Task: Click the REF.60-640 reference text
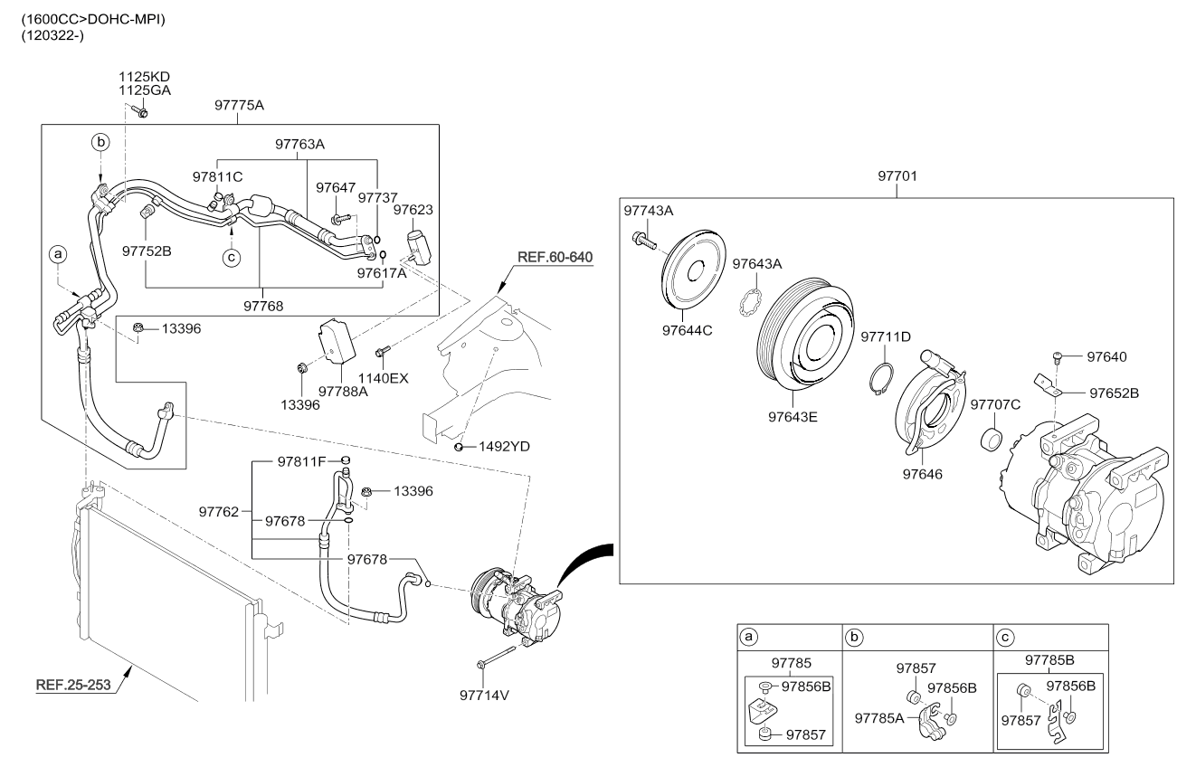pyautogui.click(x=555, y=258)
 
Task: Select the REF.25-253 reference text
pyautogui.click(x=73, y=685)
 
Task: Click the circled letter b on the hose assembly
pyautogui.click(x=101, y=142)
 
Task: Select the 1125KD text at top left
pyautogui.click(x=145, y=76)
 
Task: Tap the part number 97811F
pyautogui.click(x=301, y=462)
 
